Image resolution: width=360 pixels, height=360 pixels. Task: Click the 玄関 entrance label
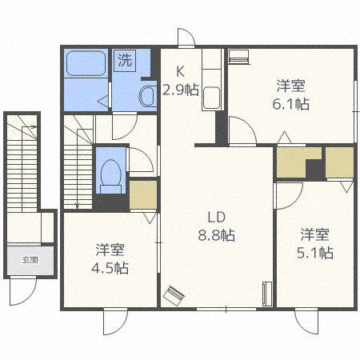coord(30,260)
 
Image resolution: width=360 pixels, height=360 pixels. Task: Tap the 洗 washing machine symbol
coord(126,60)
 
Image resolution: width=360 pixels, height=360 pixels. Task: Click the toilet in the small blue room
coord(111,173)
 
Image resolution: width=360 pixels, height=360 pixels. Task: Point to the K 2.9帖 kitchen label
coord(181,81)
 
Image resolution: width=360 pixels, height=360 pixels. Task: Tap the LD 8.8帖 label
coord(217,226)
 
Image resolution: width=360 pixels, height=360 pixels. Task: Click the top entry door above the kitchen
coord(186,38)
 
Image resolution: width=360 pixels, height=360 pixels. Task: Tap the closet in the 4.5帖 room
coord(143,194)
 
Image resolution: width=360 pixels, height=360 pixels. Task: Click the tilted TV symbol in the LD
coord(174,295)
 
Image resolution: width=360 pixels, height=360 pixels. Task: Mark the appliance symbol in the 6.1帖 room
coord(238,57)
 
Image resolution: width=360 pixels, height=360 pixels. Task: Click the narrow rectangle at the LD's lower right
coord(267,294)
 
